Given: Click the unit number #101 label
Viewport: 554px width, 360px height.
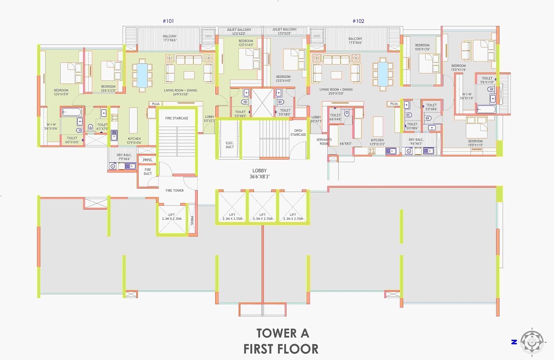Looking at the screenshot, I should coord(169,21).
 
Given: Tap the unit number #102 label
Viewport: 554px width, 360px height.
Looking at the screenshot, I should coord(358,21).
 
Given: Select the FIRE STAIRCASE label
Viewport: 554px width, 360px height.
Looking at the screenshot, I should coord(177,118).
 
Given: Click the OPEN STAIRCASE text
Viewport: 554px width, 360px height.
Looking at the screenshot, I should coord(298,132).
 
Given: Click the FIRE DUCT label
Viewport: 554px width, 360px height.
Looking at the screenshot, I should coord(148,171).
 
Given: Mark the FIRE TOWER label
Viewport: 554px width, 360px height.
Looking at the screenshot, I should coord(174,190).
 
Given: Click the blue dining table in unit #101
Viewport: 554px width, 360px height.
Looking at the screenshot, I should coord(142,75).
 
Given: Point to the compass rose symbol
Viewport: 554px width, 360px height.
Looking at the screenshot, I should coord(532,341).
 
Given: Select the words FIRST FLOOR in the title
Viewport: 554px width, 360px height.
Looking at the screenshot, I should coord(281,349).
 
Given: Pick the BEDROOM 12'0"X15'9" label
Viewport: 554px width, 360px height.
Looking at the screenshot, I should coord(61,92).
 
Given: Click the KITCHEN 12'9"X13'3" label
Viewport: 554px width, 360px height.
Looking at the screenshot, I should coord(377,142).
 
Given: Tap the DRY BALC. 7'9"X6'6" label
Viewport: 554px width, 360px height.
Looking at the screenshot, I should coord(124,156).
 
